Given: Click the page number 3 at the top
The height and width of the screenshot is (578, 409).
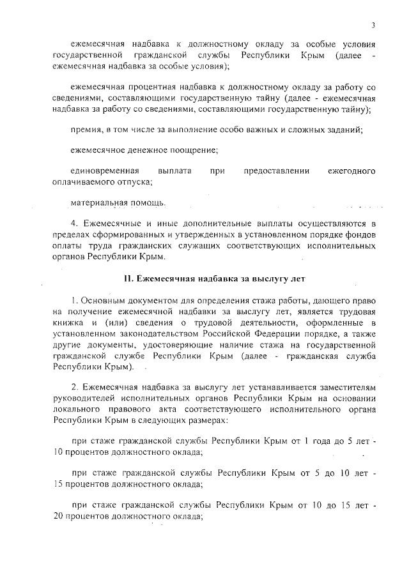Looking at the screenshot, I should [371, 25].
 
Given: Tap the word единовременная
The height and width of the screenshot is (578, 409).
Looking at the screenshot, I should [105, 171].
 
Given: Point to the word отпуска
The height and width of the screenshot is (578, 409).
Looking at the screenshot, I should [135, 181].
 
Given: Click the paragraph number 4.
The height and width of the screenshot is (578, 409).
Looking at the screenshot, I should [73, 224].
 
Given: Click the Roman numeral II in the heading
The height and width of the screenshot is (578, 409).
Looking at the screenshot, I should [127, 278].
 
